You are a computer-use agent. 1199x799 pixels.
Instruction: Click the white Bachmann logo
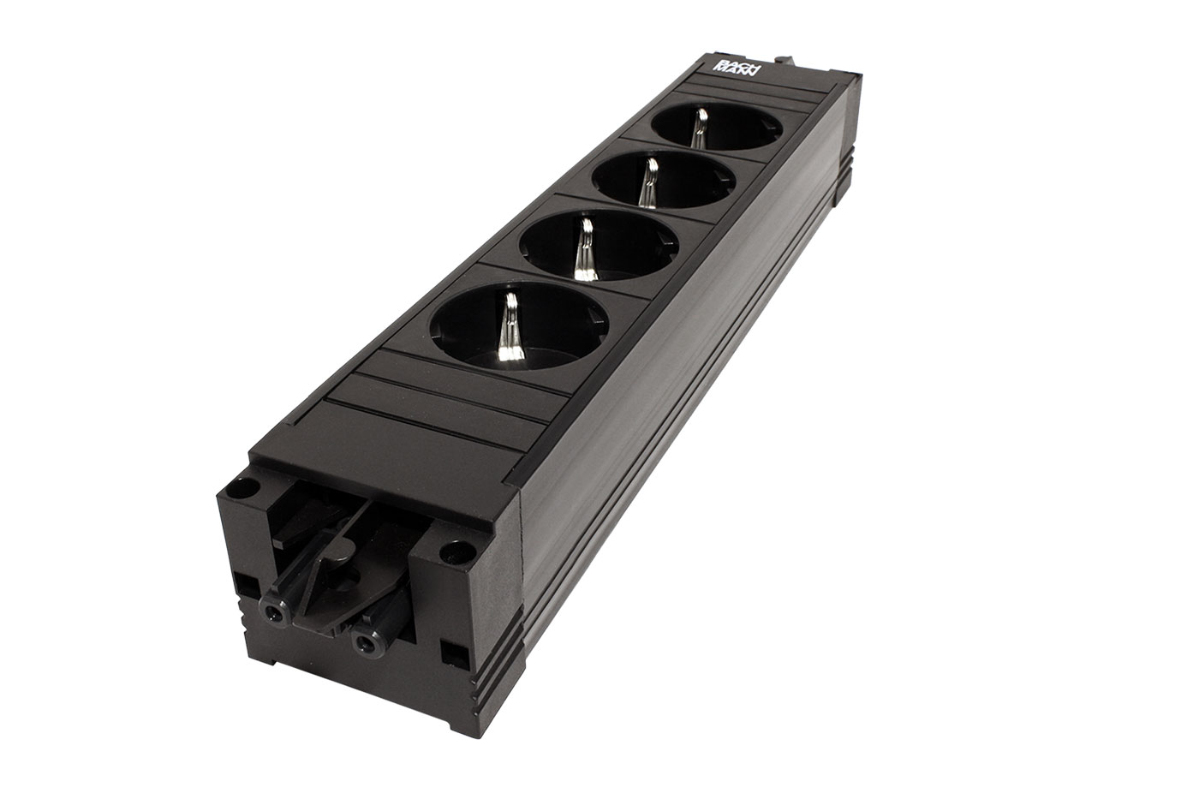(737, 69)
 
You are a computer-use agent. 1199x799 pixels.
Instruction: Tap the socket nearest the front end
(519, 326)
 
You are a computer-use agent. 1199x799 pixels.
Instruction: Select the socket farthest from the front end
(717, 126)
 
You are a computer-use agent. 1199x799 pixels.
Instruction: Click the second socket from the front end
(599, 246)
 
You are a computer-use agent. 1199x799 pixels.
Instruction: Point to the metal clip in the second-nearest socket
(586, 249)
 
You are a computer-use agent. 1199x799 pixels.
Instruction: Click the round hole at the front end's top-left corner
(248, 486)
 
